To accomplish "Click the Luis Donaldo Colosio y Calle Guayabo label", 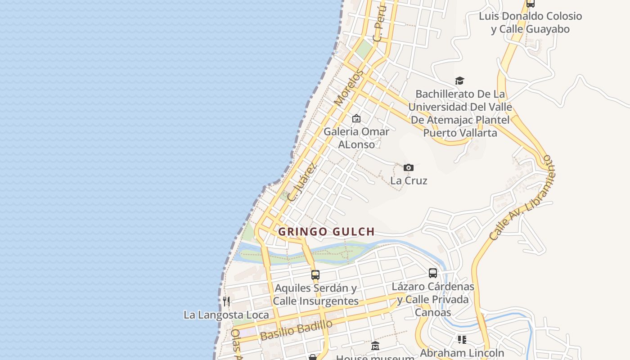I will point(530,22).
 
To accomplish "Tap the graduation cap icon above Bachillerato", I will point(459,81).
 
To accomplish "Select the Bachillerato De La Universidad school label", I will point(460,113).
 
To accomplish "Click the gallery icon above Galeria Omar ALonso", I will point(356,118).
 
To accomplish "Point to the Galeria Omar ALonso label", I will point(356,138).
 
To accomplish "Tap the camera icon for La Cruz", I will point(409,167).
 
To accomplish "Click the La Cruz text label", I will point(409,180).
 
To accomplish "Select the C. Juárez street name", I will point(302,182).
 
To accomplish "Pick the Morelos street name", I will point(349,88).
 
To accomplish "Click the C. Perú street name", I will point(380,23).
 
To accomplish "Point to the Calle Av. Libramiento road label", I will point(522,198).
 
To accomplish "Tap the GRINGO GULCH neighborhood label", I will point(326,232).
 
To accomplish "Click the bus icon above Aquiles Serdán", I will point(315,274).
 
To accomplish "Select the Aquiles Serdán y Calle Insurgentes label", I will point(316,294).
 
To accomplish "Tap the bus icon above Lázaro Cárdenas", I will point(433,273).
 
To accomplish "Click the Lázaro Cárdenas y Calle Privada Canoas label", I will point(433,299).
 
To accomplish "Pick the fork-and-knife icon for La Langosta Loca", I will point(226,301).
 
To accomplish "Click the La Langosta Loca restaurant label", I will point(226,315).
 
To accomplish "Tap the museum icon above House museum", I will point(375,346).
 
